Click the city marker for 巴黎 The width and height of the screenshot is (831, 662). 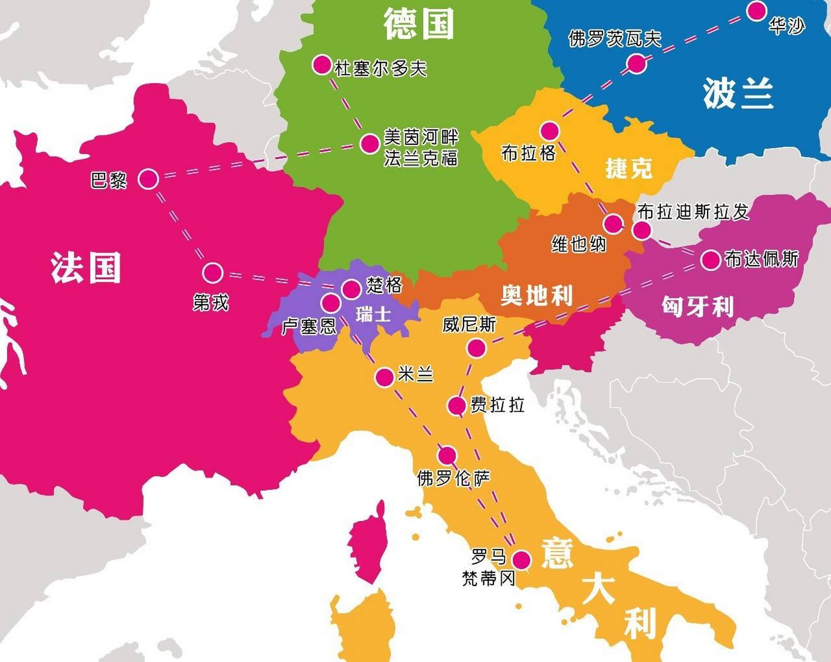pos(148,179)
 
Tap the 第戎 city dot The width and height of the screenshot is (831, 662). pos(212,273)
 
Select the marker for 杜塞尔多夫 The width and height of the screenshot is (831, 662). pos(322,65)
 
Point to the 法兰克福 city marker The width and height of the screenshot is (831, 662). pos(370,143)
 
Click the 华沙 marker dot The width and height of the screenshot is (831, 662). pos(757,10)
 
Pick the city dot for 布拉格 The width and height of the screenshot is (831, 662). pos(550,130)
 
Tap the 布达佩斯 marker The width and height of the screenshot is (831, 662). pos(711,260)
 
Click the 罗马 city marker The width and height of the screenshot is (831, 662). pos(521,560)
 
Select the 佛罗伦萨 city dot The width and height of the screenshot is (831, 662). pos(447,456)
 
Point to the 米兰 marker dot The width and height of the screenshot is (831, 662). pos(384,378)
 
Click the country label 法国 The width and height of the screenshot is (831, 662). pos(86,267)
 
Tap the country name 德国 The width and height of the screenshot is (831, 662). pos(419,24)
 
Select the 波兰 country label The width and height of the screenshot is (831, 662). pos(738,93)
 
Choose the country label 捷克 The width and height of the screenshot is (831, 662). pos(629,168)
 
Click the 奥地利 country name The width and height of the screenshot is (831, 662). pos(536,295)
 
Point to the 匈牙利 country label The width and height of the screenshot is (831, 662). pos(698,306)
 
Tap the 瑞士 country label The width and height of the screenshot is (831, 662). pos(373,313)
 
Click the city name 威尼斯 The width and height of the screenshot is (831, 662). pos(469,325)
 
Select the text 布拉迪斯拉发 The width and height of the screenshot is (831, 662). pos(693,212)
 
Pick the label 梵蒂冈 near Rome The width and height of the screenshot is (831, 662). pos(488,578)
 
